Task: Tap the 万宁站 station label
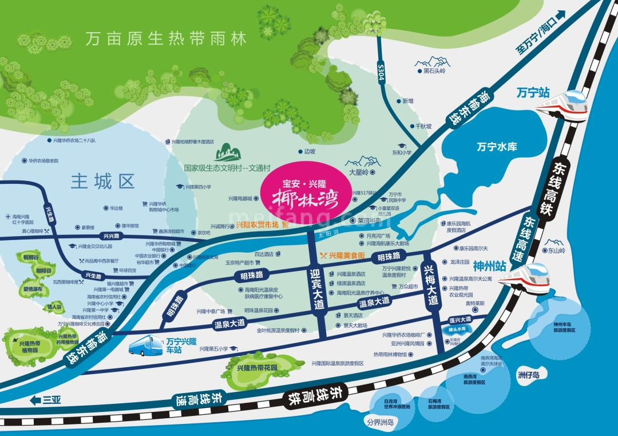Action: tap(532, 92)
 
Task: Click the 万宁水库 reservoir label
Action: tap(497, 147)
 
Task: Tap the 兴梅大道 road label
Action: tap(430, 285)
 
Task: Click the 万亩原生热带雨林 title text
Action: tap(166, 40)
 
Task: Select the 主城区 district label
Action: tap(102, 182)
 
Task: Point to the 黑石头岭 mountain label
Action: tap(434, 72)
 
